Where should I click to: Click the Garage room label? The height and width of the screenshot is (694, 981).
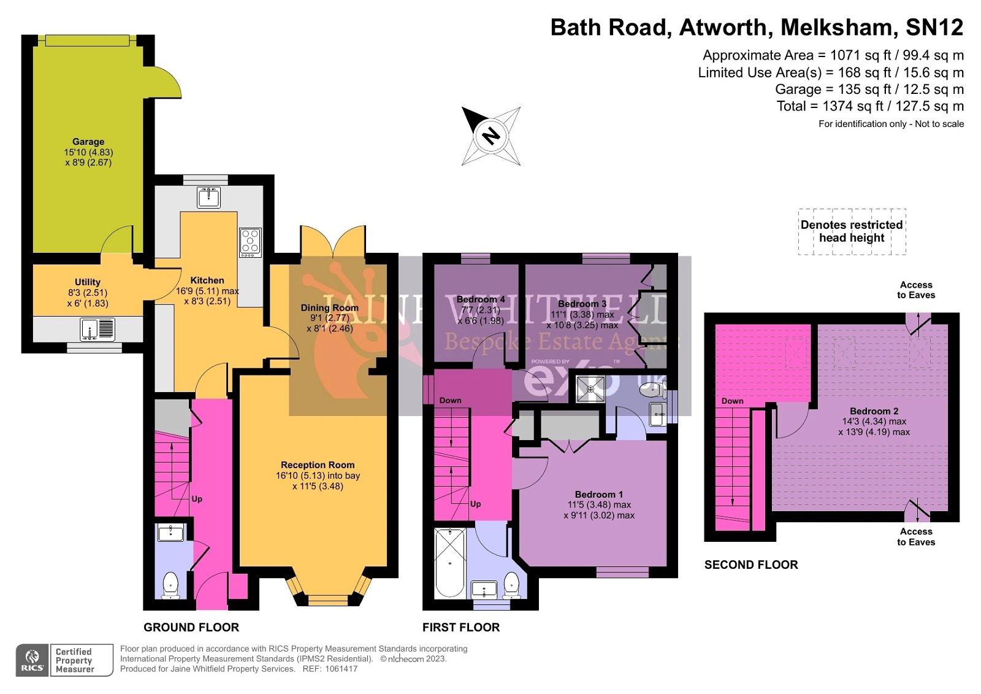(88, 142)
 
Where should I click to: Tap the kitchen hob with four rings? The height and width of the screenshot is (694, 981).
(250, 241)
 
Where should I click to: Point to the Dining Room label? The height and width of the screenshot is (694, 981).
(329, 308)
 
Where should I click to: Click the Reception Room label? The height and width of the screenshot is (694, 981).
(318, 465)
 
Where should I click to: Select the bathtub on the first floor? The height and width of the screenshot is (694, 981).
(449, 562)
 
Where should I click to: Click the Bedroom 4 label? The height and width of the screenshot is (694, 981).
(481, 299)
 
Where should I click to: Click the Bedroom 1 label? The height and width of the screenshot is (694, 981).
(598, 495)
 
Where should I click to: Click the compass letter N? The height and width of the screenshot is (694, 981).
(490, 136)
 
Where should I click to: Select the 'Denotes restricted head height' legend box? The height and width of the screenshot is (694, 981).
(852, 231)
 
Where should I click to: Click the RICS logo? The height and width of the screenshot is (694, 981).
(32, 660)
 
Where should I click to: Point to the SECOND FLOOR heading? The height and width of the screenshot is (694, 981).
(751, 565)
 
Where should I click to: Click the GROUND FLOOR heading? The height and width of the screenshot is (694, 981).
(191, 627)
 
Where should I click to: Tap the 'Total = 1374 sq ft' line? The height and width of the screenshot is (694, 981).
(870, 106)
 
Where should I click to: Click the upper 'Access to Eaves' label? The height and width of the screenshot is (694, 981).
(916, 290)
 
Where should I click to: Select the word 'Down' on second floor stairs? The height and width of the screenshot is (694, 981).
(732, 401)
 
